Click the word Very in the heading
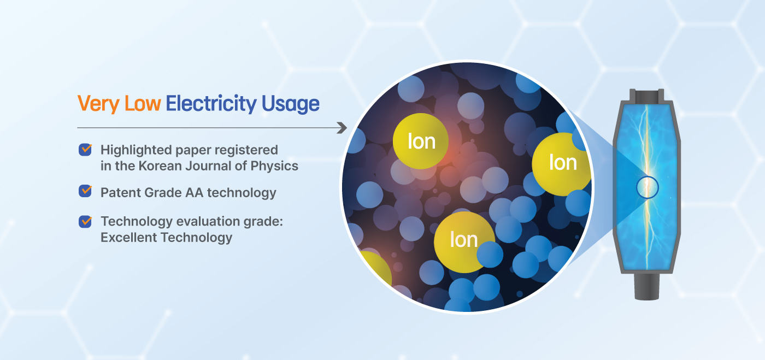click(x=98, y=104)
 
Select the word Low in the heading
click(x=143, y=103)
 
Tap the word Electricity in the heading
click(x=211, y=104)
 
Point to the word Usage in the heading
click(x=291, y=104)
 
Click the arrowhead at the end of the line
click(x=342, y=128)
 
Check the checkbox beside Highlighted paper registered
click(x=85, y=150)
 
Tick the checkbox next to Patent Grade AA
click(x=85, y=191)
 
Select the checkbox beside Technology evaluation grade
click(x=85, y=221)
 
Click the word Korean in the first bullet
click(x=160, y=166)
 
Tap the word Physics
click(x=274, y=166)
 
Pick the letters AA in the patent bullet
click(x=195, y=193)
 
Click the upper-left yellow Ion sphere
click(x=420, y=141)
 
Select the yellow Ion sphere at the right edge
click(x=562, y=164)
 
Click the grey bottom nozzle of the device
click(x=646, y=286)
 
